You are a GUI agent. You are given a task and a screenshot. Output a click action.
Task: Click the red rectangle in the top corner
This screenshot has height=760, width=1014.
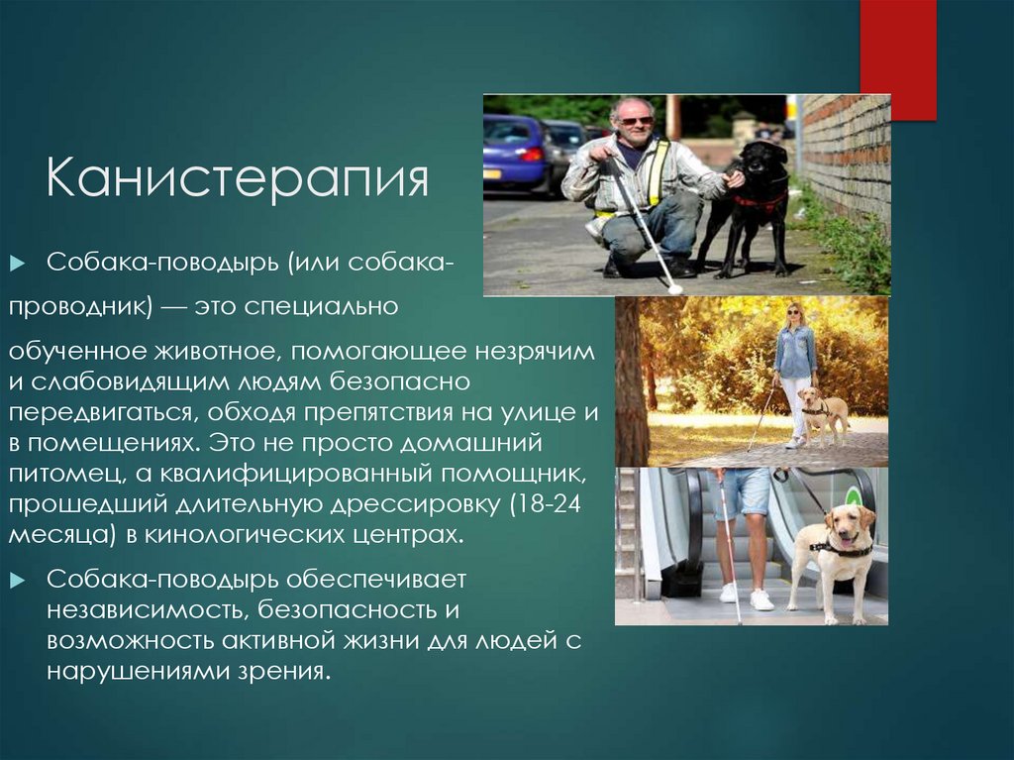897,59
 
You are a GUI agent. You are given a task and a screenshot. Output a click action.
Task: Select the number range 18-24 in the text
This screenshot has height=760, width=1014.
550,504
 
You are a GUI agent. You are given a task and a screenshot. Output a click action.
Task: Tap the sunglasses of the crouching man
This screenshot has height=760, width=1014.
635,120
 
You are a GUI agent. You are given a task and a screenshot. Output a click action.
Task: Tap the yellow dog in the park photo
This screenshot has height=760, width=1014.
824,411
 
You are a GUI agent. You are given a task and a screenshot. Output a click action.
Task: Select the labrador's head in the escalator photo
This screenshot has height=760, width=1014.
849,525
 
